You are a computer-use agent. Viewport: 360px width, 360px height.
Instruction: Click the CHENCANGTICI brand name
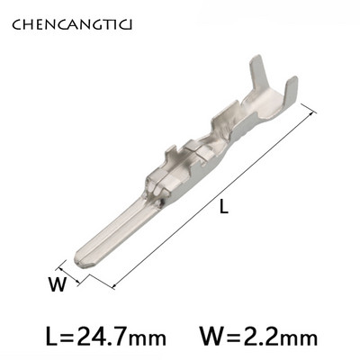coord(72,25)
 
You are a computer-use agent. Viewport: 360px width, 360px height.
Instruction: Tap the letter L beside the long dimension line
coord(224,206)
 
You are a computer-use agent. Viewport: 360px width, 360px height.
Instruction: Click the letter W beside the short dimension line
coord(57,284)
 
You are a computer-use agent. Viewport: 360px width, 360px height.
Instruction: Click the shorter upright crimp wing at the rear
coord(291,90)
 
